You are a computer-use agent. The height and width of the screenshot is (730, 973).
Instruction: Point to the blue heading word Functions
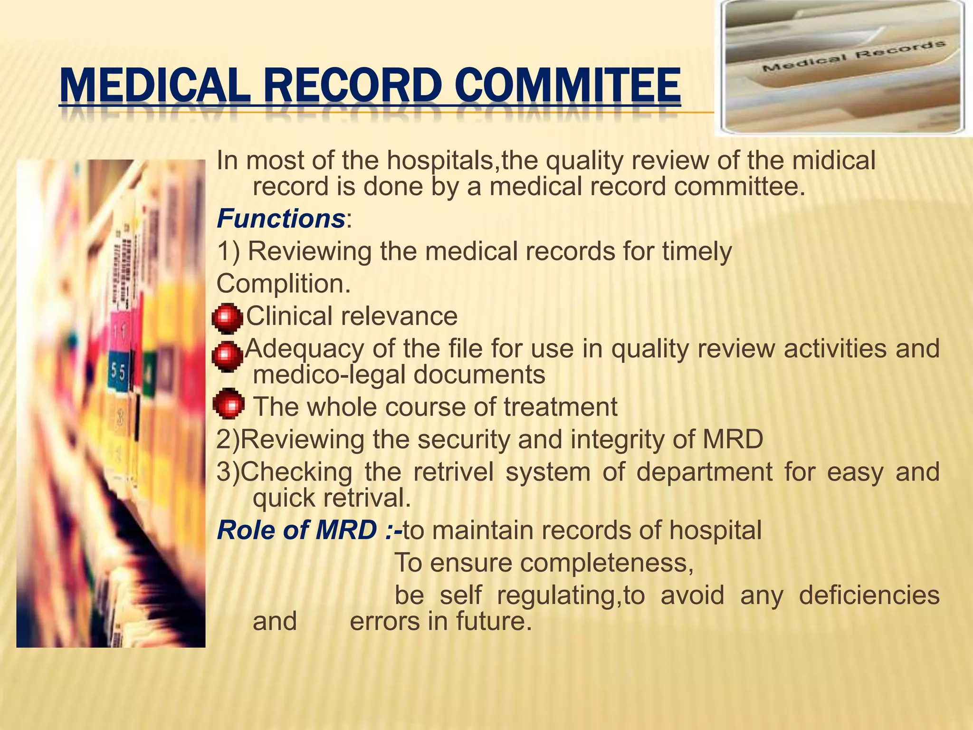281,219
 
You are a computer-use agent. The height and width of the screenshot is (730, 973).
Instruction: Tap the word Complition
284,284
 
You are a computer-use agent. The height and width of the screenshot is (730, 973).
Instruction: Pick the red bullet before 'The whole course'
229,404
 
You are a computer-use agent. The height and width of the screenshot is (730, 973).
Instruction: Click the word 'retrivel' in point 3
453,472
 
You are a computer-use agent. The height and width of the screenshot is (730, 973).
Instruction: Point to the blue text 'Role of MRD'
297,530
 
